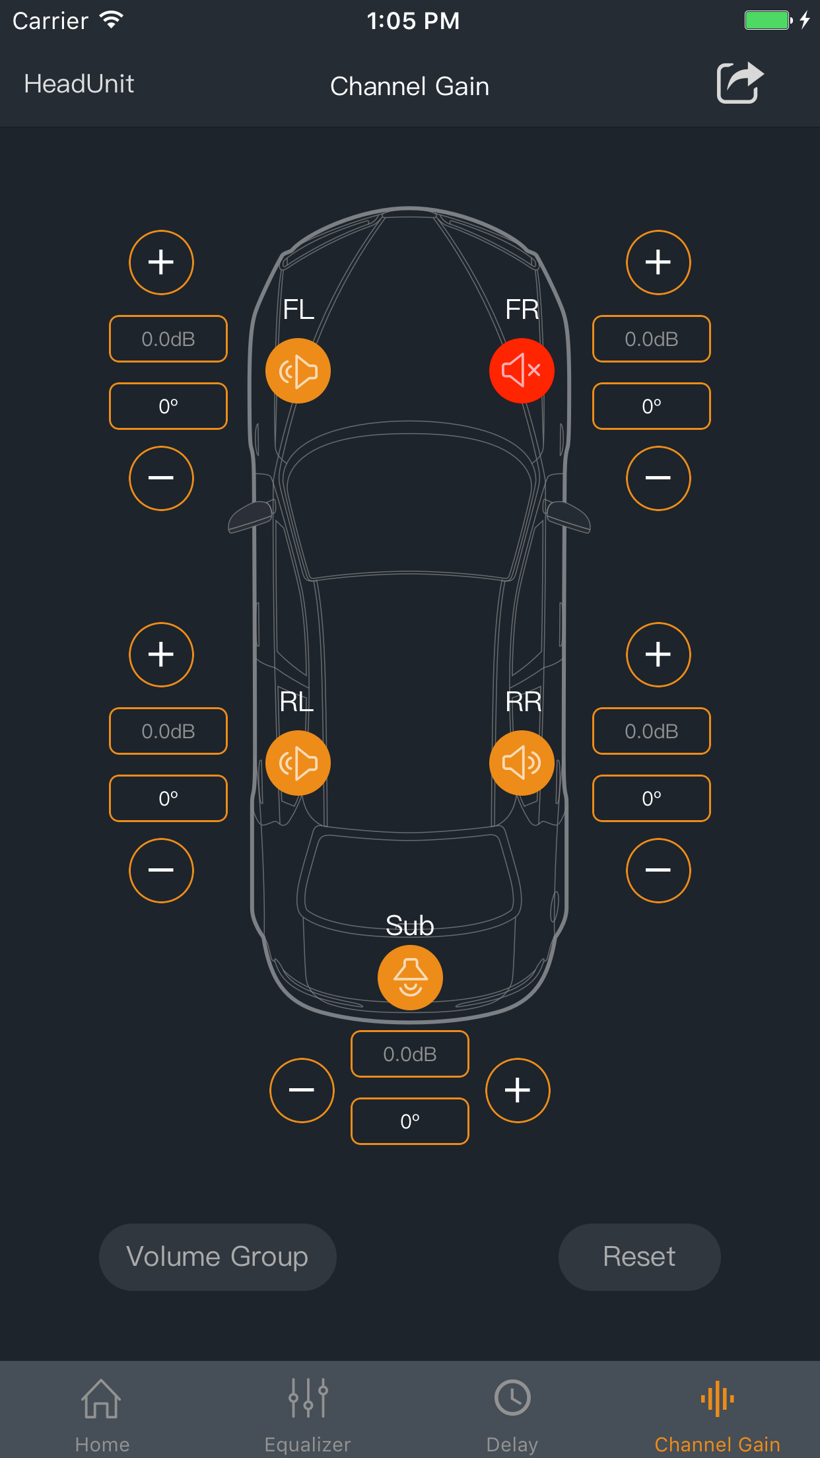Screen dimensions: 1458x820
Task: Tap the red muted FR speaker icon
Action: tap(522, 370)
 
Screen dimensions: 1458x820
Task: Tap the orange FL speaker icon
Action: tap(298, 370)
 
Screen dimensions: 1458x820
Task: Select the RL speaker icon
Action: tap(298, 763)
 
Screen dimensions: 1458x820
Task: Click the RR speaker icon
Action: tap(522, 763)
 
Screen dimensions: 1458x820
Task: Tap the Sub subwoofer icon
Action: tap(410, 977)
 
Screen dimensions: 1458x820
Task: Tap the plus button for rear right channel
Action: tap(658, 654)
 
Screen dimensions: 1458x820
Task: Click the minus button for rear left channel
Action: tap(161, 870)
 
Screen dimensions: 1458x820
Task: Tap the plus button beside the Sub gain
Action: tap(518, 1090)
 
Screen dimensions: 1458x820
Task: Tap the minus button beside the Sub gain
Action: tap(302, 1090)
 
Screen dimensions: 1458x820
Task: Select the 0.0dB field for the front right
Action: tap(652, 339)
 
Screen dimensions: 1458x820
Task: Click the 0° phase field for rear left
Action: tap(168, 798)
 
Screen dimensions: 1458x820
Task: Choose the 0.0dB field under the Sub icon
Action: tap(410, 1054)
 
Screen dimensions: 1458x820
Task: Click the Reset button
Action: tap(639, 1257)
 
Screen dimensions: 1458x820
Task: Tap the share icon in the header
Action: tap(739, 83)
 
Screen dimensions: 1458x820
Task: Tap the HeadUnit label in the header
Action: tap(79, 84)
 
